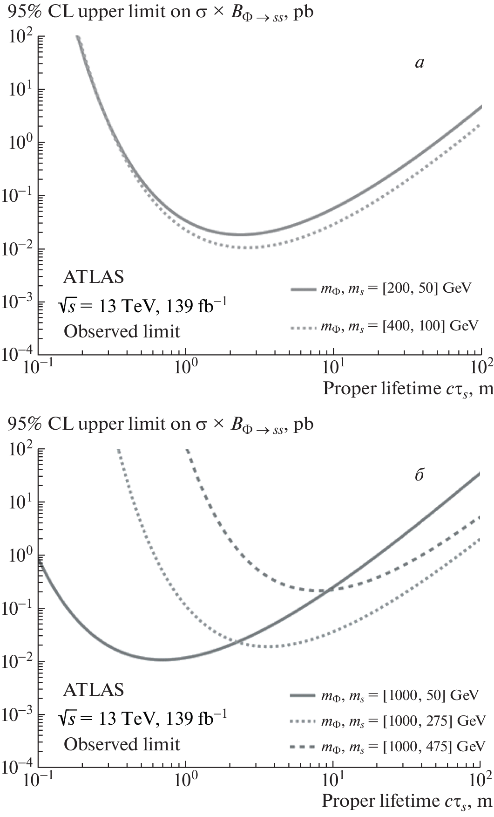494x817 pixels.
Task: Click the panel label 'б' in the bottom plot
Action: (419, 476)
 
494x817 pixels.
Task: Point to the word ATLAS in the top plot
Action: (94, 277)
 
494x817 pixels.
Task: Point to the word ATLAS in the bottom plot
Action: (94, 689)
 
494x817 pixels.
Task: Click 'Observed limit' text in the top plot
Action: (122, 331)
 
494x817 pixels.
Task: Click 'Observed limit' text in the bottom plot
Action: (122, 744)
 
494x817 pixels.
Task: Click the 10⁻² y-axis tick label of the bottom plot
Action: (17, 661)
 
